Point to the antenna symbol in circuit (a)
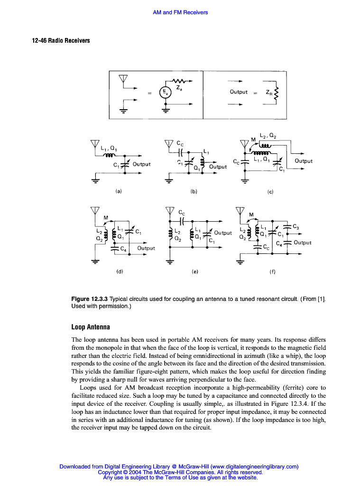pyautogui.click(x=95, y=144)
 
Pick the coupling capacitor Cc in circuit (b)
pyautogui.click(x=181, y=152)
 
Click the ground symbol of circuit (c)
pyautogui.click(x=245, y=181)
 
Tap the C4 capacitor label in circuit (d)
pyautogui.click(x=122, y=248)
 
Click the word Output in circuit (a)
pyautogui.click(x=141, y=164)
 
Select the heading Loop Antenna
pyautogui.click(x=91, y=327)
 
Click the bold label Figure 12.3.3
pyautogui.click(x=89, y=299)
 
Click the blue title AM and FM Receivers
pyautogui.click(x=180, y=12)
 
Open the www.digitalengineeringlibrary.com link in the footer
pyautogui.click(x=254, y=467)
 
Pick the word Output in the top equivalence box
pyautogui.click(x=239, y=92)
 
